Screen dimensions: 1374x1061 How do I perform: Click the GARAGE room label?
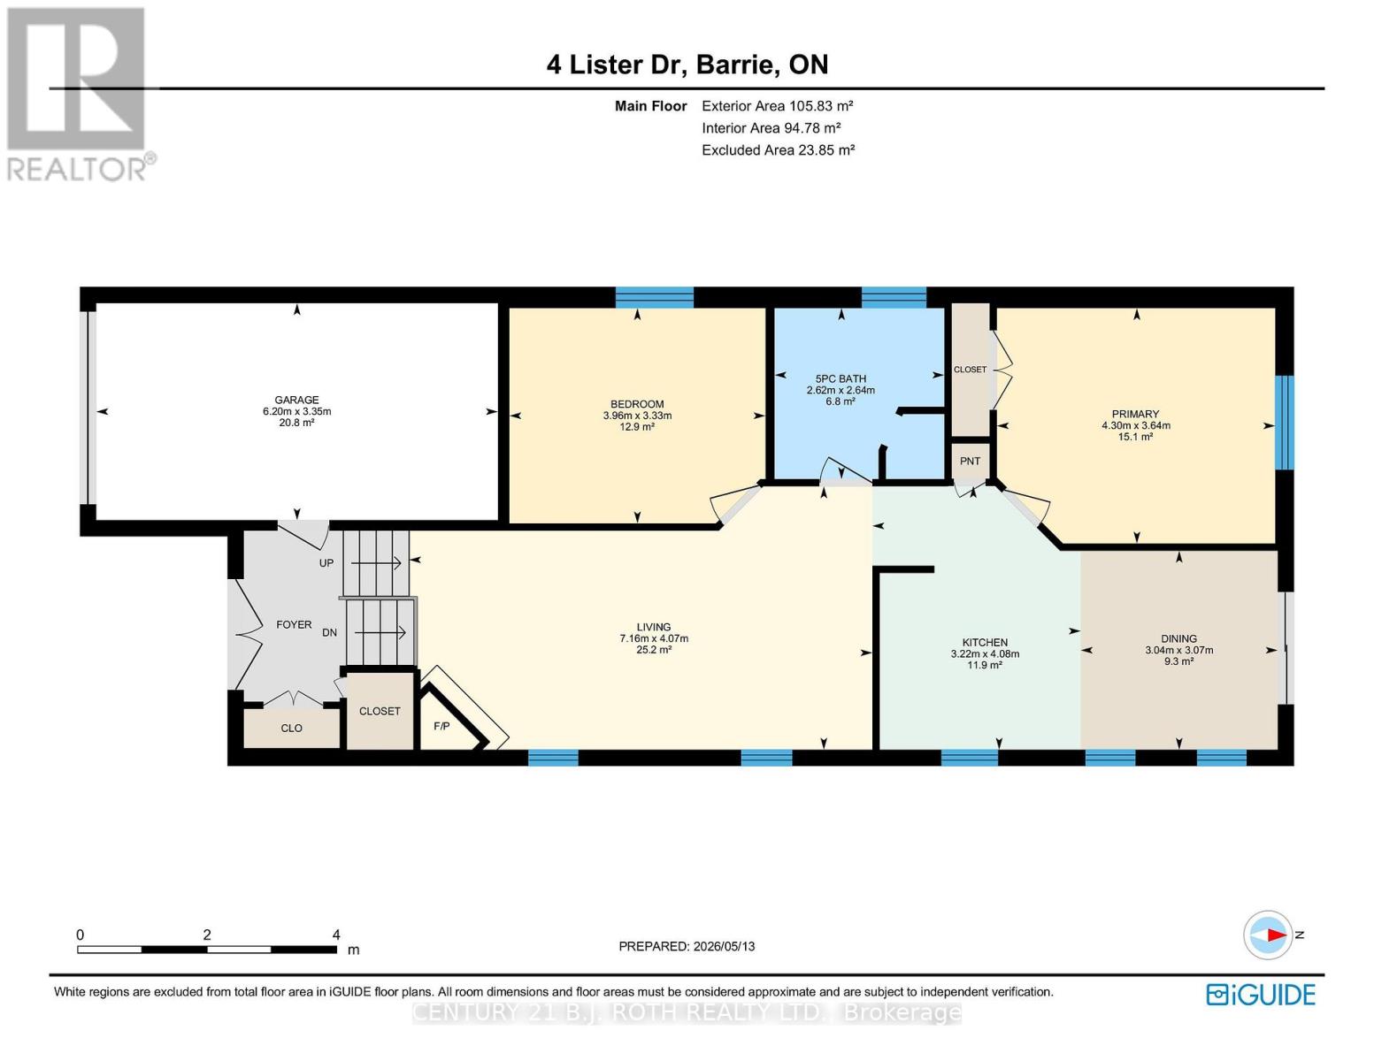(296, 400)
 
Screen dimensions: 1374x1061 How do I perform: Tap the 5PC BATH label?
(841, 378)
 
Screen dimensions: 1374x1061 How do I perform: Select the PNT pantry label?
(970, 461)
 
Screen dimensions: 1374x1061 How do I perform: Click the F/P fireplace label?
(441, 726)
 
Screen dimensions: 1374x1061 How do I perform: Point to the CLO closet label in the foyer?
(291, 728)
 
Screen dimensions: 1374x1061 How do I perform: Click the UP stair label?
(326, 563)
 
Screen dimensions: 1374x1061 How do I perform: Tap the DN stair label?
(329, 632)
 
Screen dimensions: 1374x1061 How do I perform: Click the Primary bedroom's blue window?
(1285, 422)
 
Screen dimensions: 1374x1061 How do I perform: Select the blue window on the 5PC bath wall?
(894, 298)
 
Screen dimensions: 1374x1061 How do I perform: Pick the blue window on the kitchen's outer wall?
(970, 757)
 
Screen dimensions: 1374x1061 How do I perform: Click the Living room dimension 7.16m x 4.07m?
(654, 638)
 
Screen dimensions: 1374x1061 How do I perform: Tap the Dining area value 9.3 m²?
(1178, 661)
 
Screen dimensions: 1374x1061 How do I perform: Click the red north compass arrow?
(1276, 935)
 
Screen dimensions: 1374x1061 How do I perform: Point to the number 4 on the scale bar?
(336, 934)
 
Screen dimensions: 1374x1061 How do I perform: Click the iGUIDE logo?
(1261, 995)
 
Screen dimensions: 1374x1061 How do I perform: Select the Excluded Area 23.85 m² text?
(779, 149)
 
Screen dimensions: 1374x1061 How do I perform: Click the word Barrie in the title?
(738, 65)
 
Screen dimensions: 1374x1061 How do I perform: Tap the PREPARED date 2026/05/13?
(724, 946)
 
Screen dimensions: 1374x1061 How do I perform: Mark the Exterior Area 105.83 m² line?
(778, 105)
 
